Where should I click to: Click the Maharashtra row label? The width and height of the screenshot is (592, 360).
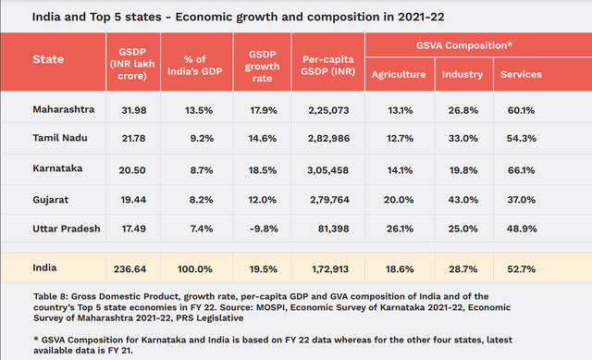tap(63, 109)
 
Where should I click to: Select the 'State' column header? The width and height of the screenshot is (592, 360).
tap(49, 59)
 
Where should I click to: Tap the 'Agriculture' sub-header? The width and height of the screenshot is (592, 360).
tap(399, 74)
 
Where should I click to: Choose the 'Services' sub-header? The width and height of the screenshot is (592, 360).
tap(521, 74)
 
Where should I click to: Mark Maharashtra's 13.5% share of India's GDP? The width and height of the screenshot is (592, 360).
tap(199, 110)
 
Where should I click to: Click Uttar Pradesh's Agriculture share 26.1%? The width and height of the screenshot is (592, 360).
tap(397, 228)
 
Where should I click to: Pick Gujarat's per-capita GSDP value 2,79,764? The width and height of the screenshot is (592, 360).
tap(330, 200)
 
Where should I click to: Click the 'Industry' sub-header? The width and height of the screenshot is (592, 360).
tap(461, 74)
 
